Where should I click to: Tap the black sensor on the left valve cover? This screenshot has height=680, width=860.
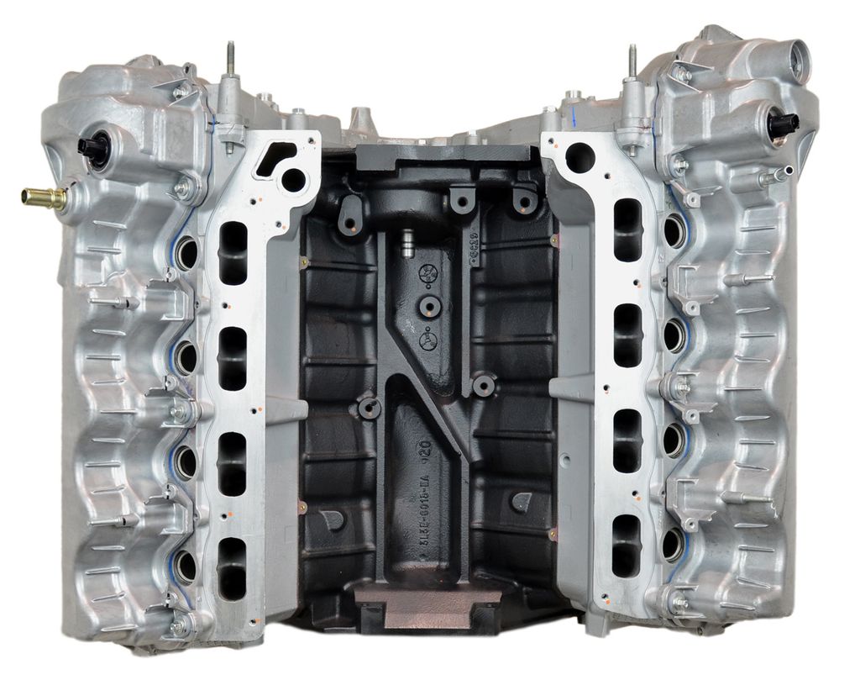tap(92, 148)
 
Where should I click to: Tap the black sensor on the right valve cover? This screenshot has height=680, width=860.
tap(782, 125)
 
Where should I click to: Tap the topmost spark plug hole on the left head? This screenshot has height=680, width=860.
tap(186, 250)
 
